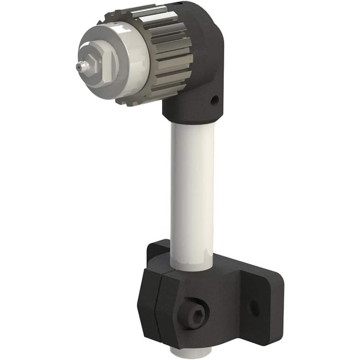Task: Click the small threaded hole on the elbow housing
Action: (x=215, y=98)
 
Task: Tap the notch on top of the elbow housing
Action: (x=174, y=4)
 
